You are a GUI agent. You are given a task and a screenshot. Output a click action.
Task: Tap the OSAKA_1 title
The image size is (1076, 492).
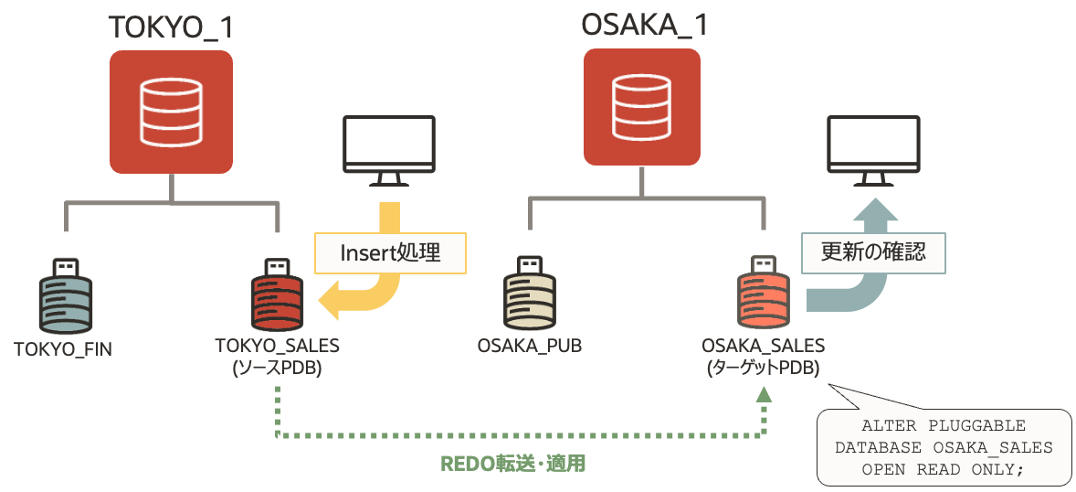pos(644,25)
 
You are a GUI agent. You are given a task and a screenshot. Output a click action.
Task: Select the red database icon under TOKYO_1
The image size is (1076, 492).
pos(171,112)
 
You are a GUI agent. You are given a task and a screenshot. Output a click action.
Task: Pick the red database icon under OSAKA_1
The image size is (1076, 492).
pos(642,107)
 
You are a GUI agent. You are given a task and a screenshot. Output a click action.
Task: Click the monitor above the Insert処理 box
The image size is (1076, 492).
pos(388,149)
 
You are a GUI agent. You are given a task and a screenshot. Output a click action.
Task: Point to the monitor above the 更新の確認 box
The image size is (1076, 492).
pos(873,149)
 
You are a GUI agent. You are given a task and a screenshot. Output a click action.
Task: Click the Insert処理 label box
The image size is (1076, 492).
pos(390,252)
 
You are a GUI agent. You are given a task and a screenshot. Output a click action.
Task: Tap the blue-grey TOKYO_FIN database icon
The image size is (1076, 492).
pos(65,297)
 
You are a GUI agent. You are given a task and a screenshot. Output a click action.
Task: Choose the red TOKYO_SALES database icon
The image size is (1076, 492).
pos(277,297)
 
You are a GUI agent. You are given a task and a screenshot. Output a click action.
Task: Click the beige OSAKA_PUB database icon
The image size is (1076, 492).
pos(529,297)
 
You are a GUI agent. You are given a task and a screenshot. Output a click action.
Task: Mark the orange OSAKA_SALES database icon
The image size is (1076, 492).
pos(763,297)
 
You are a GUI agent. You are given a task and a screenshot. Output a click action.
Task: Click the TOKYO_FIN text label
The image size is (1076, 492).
pos(63,348)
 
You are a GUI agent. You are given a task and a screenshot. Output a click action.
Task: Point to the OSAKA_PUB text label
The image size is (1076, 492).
pos(530,347)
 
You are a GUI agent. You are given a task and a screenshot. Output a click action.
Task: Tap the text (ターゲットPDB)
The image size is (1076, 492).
pos(764,368)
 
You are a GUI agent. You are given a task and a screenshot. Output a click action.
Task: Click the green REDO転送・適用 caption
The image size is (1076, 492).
pos(513,464)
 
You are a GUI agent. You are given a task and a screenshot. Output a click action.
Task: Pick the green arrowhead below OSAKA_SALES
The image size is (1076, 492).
pos(764,394)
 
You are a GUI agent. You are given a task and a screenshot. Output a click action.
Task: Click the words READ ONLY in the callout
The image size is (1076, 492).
pos(976,469)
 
